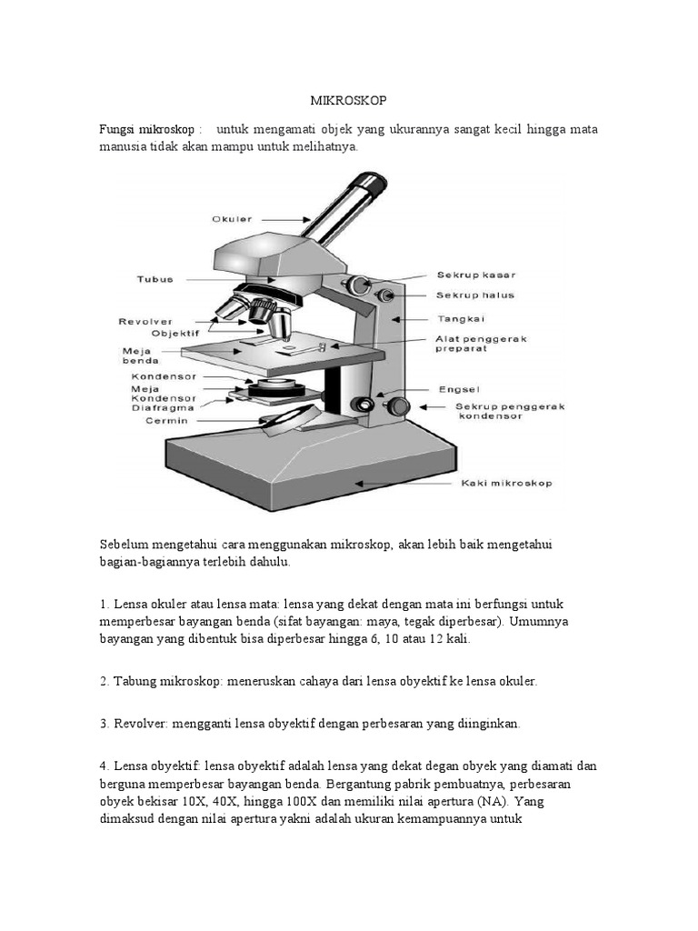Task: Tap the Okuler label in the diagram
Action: tap(232, 219)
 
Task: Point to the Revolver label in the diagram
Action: tap(145, 321)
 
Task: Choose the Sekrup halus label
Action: tap(474, 295)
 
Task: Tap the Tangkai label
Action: tap(462, 319)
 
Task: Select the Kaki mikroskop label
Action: tap(506, 484)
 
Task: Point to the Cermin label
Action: tap(165, 421)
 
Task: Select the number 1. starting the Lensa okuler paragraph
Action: tap(105, 604)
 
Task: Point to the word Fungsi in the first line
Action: tap(116, 128)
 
